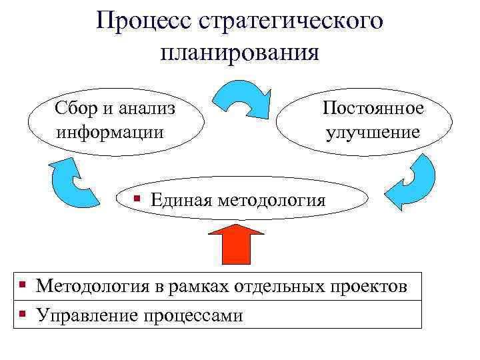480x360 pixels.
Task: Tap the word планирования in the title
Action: pyautogui.click(x=239, y=52)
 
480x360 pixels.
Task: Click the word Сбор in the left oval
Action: pyautogui.click(x=78, y=108)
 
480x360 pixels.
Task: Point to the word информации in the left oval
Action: pyautogui.click(x=110, y=131)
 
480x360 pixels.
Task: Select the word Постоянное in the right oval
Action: pyautogui.click(x=373, y=108)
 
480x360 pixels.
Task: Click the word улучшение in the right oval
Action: pyautogui.click(x=373, y=131)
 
